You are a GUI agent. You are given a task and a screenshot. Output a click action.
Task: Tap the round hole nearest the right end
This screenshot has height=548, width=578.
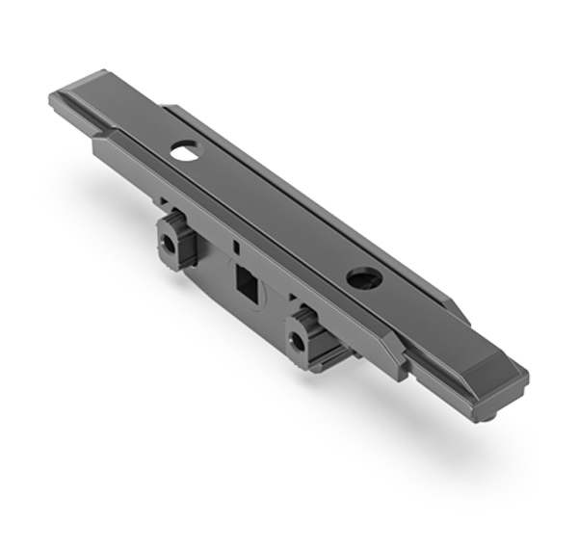point(364,279)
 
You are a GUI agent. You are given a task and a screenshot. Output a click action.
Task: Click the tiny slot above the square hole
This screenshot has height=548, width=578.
point(234,248)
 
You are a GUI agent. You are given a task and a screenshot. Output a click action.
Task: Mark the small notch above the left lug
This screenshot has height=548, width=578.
point(166,205)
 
